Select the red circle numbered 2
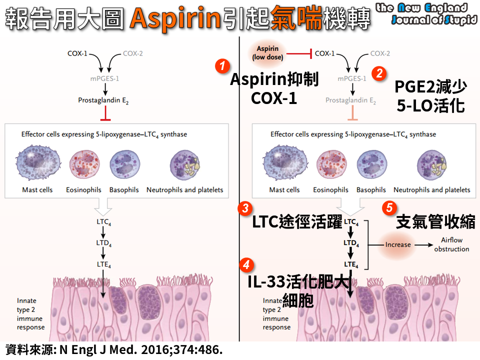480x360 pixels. (x=380, y=73)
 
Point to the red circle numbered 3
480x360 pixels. (x=244, y=208)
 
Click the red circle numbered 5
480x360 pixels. (x=389, y=207)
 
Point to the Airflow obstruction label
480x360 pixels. (x=451, y=244)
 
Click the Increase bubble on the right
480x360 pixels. (x=398, y=244)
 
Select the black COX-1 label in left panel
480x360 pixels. (x=77, y=52)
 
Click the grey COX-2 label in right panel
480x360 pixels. (x=380, y=53)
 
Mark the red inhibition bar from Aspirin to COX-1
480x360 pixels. (x=299, y=53)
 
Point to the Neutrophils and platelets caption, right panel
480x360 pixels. (x=431, y=190)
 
